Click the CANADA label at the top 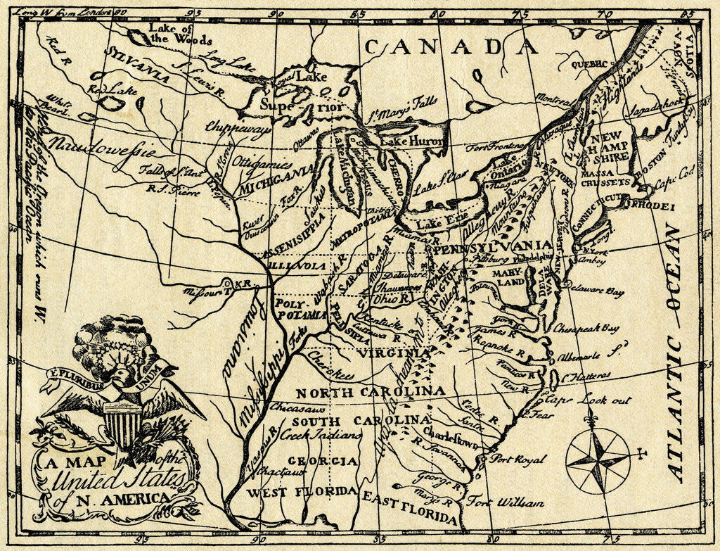[x=451, y=46]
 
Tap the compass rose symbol [x=598, y=462]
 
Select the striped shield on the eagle [x=121, y=424]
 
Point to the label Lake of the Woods [x=170, y=33]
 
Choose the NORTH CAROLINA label [x=370, y=391]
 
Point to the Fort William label [x=505, y=502]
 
